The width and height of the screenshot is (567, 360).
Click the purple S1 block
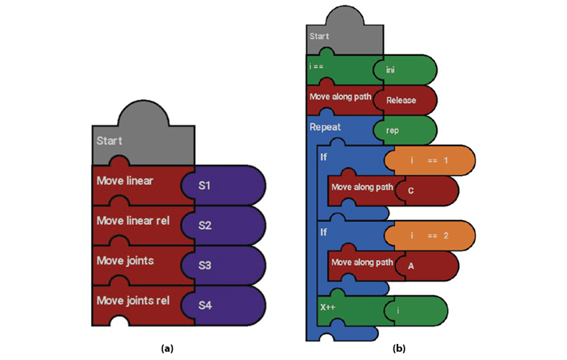224,186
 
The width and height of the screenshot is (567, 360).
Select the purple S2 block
224,225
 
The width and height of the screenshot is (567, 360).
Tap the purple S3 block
224,265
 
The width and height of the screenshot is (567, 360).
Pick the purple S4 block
224,305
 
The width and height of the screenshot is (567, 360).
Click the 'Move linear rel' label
132,220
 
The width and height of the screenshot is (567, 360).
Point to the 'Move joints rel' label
133,301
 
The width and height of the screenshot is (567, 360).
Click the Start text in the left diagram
110,141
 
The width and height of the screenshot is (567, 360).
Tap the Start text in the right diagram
318,36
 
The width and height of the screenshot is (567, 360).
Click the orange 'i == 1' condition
430,161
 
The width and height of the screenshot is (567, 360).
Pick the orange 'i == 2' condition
430,235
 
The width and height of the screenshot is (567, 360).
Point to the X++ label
328,306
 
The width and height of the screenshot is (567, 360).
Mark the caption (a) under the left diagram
167,349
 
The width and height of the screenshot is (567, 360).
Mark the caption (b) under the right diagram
399,349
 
